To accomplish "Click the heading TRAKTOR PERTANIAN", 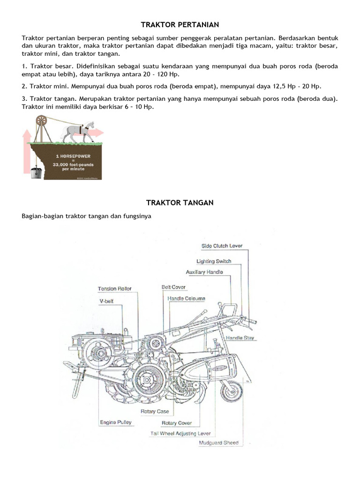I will click(180, 24).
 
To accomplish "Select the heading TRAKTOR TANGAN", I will click(180, 202).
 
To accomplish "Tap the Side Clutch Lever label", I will click(219, 246).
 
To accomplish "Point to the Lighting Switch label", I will click(214, 261).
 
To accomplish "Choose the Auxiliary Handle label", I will click(204, 272).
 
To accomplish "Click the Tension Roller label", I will click(115, 289).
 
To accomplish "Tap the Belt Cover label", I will click(173, 287).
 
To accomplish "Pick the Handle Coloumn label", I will click(186, 298).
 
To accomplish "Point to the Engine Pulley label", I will click(116, 422).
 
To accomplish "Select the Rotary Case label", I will click(155, 412).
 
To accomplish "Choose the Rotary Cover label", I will click(177, 423).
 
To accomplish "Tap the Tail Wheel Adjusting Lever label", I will click(180, 434).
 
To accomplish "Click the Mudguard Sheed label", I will click(218, 442).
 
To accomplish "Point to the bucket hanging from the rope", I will click(36, 172).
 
